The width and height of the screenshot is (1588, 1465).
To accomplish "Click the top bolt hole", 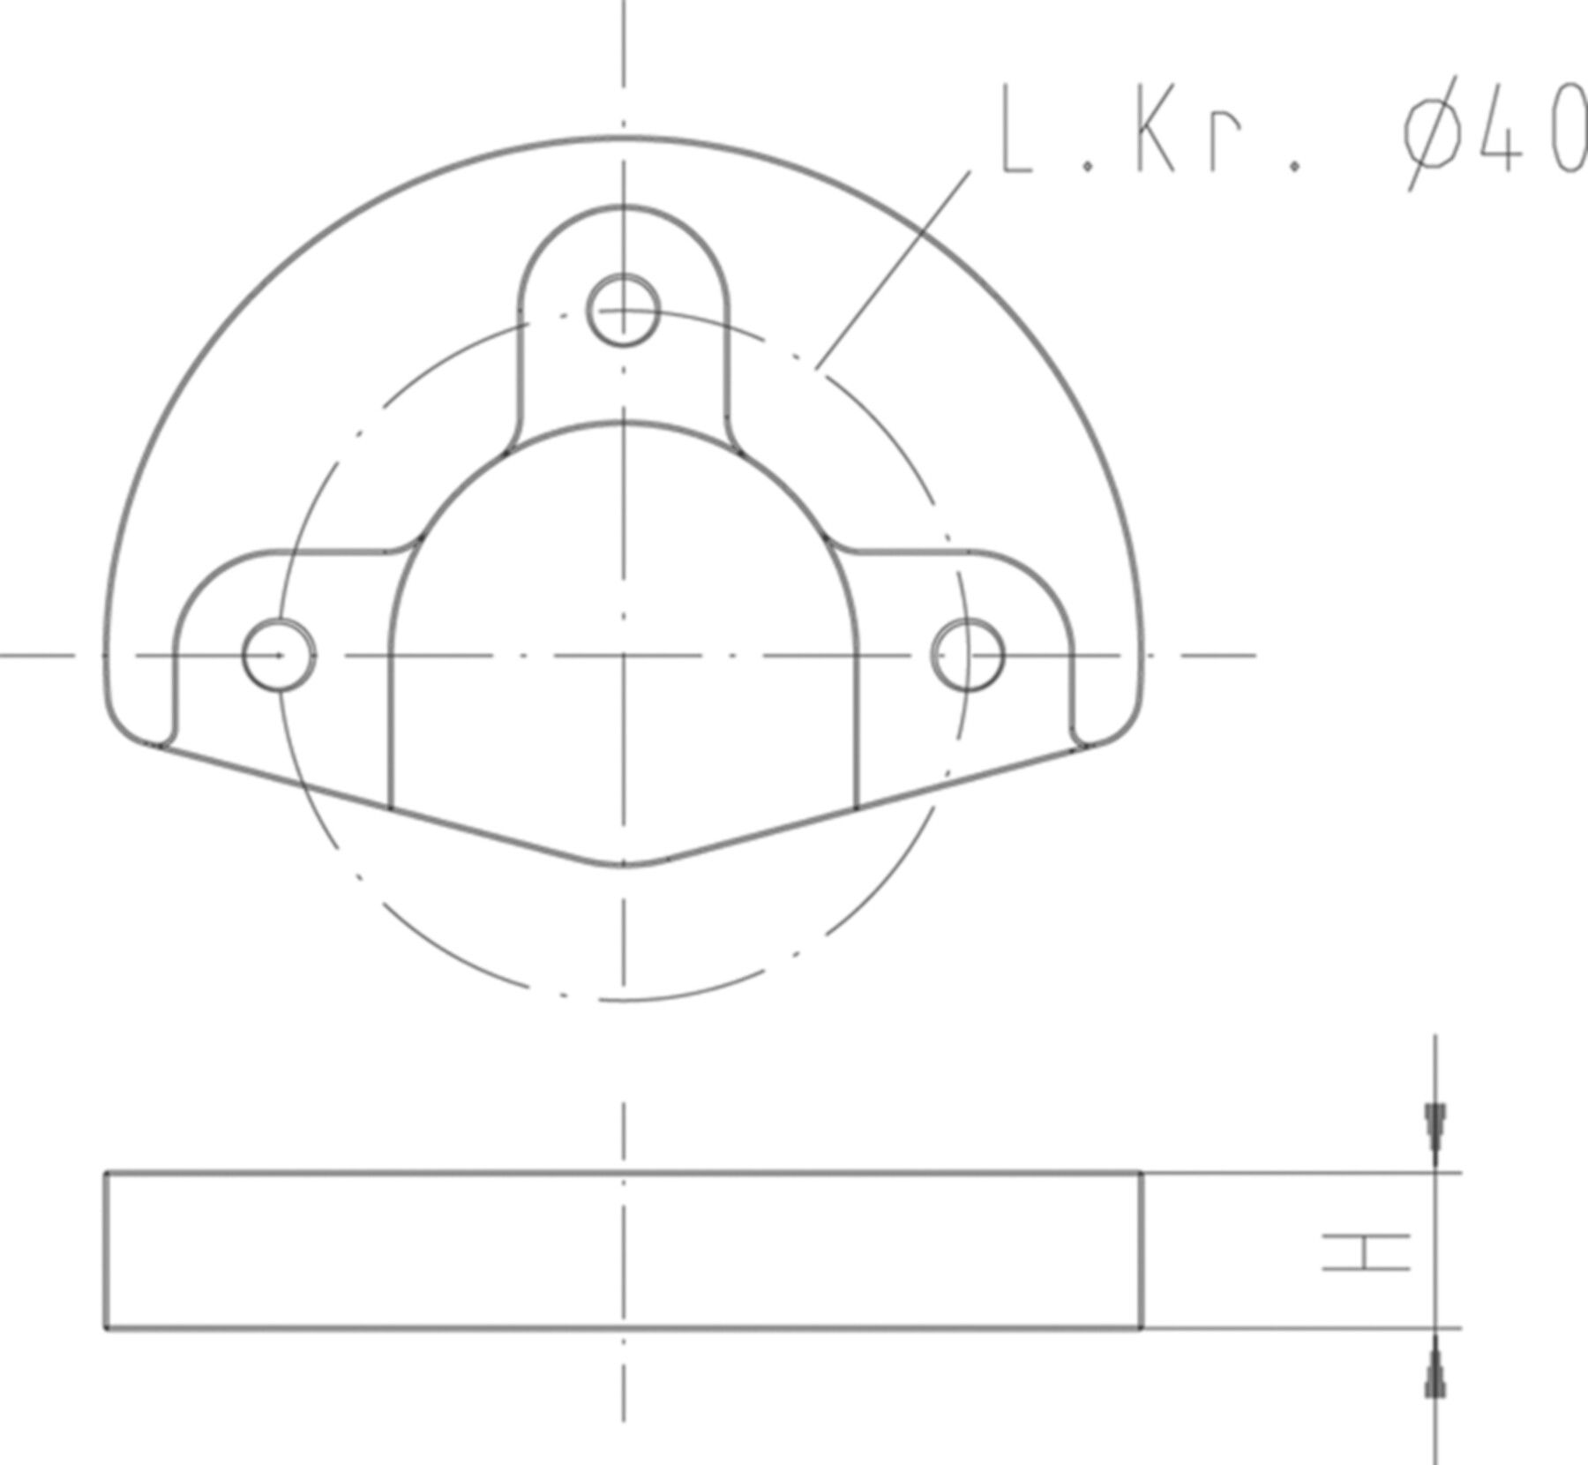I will coord(623,311).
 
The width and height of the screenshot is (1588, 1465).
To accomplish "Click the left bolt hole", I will coord(279,656).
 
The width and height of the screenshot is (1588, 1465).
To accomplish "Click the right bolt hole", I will coord(967,656).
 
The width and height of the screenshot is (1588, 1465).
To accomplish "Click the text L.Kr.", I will coord(1147,132).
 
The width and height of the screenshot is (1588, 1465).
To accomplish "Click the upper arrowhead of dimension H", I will coord(1435,1128).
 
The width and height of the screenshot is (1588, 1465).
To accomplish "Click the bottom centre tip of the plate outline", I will coord(624,865).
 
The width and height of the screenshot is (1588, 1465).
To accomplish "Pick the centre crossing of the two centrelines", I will coord(624,656).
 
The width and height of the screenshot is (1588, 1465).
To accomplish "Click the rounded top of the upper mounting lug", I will coord(624,207).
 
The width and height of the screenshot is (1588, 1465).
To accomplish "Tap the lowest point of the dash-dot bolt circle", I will coord(624,1000).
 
